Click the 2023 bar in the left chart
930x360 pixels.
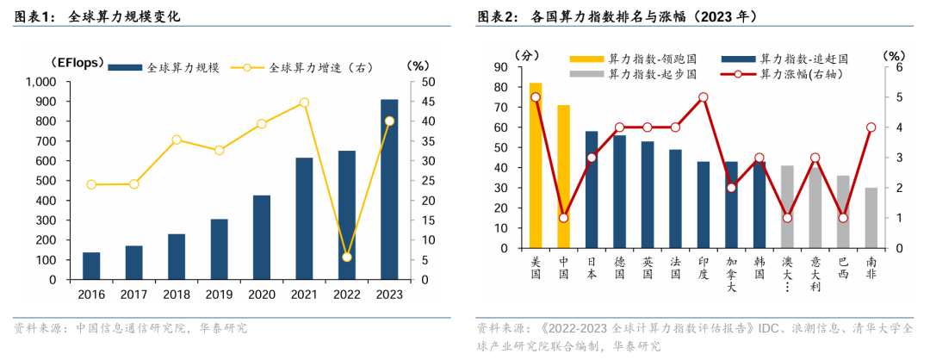point(389,189)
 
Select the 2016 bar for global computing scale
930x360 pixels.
point(91,266)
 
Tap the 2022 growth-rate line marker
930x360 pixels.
point(347,257)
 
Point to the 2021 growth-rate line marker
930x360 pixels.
point(304,102)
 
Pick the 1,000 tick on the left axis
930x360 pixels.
point(40,82)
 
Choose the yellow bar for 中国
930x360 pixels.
point(563,177)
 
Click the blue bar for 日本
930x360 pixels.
point(592,189)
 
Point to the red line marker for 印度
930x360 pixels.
point(704,97)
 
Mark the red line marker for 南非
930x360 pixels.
point(871,127)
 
